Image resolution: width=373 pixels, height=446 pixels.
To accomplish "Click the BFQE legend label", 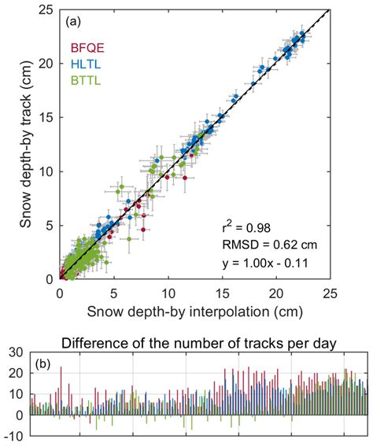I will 85,46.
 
